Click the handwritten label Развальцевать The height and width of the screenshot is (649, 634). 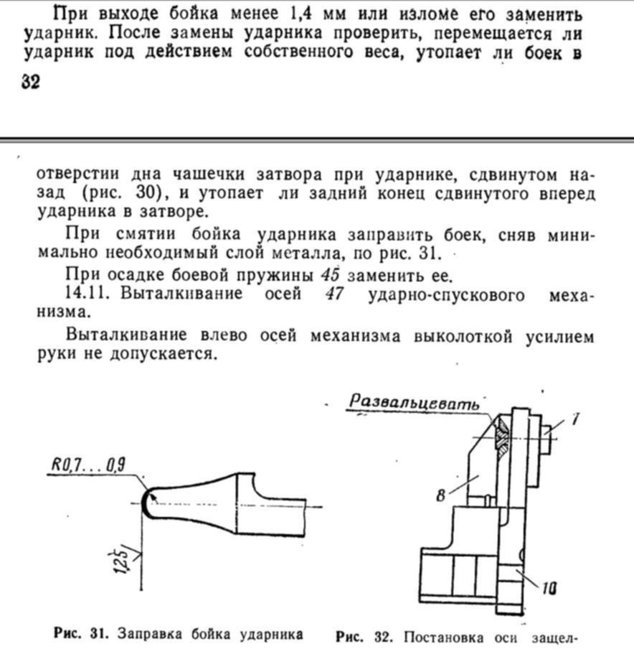(x=414, y=403)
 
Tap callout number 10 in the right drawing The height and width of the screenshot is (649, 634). (x=549, y=589)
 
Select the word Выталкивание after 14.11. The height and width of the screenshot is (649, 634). (x=184, y=294)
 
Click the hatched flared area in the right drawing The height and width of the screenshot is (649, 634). (x=503, y=436)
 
